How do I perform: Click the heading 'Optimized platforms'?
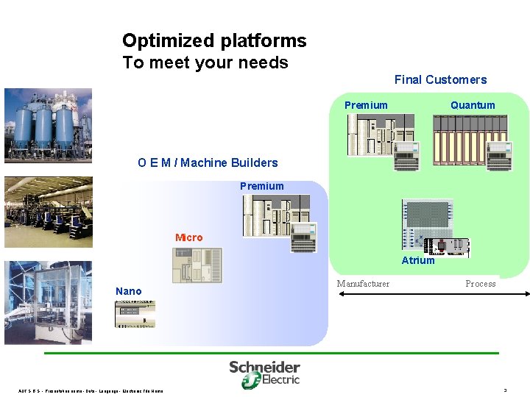pos(214,40)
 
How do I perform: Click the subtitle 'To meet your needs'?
pos(205,62)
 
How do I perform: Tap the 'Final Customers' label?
pos(440,79)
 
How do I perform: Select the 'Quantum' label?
pos(473,105)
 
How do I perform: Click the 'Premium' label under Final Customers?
pos(366,105)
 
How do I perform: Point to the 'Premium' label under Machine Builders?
pos(261,186)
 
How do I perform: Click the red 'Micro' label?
pos(188,237)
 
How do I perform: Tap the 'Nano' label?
pos(128,291)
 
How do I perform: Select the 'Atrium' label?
pos(418,260)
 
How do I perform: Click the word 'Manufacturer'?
pos(363,284)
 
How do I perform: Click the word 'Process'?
pos(480,284)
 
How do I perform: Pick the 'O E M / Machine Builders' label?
pos(208,162)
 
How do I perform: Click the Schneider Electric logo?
pos(264,373)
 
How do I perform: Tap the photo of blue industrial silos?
pos(49,126)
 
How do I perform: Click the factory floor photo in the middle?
pos(49,212)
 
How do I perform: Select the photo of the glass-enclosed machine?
pos(49,302)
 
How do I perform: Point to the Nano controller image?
pos(135,313)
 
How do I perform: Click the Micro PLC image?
pos(197,265)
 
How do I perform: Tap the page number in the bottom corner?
pos(505,390)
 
